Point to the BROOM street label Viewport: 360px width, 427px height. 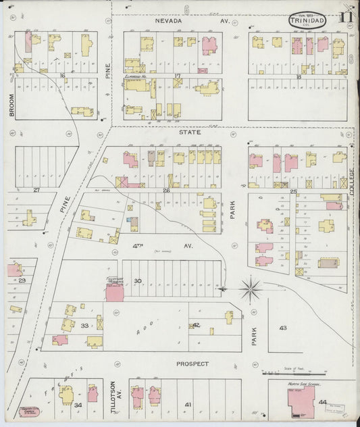tap(12, 105)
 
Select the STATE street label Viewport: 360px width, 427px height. tap(190, 132)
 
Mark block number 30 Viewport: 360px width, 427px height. tap(138, 280)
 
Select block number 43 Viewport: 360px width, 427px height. tap(282, 328)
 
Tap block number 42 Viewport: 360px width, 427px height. tap(196, 325)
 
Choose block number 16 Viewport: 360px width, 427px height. tap(61, 76)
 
